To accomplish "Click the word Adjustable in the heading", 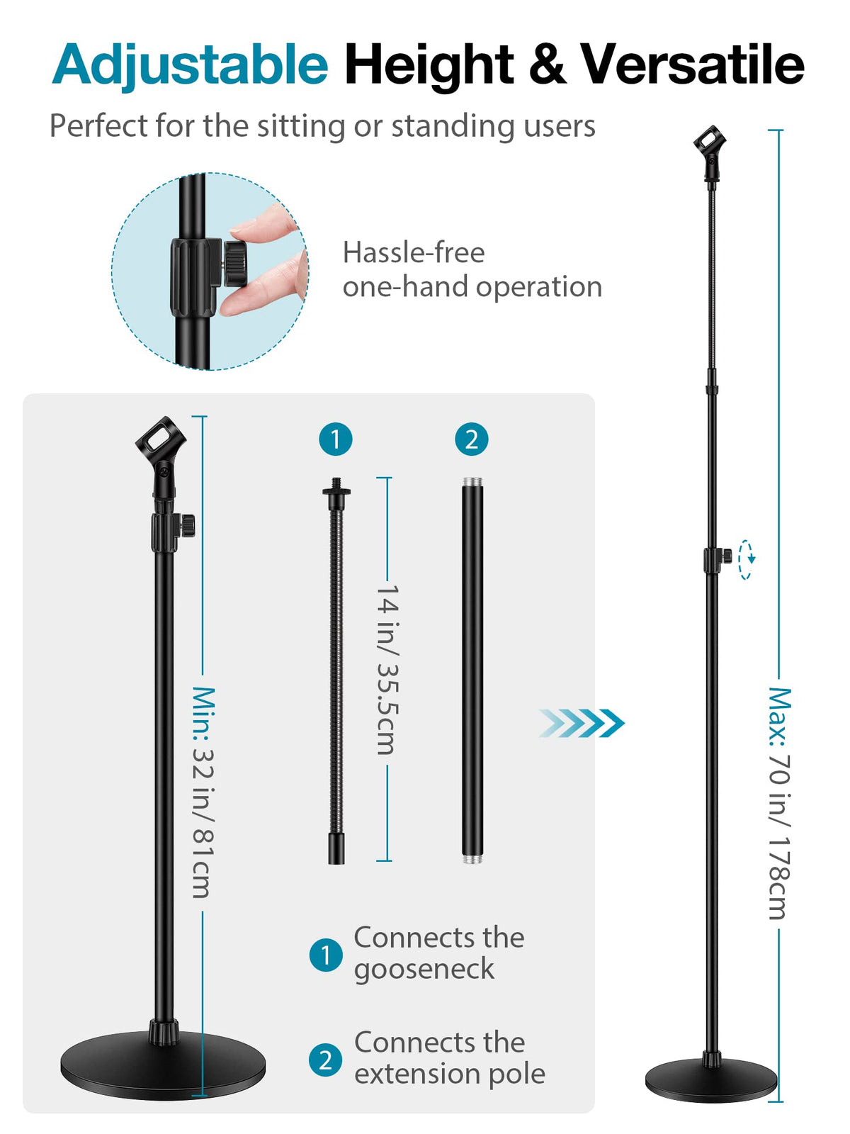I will (190, 65).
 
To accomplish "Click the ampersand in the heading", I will (547, 65).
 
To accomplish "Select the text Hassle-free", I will (414, 253).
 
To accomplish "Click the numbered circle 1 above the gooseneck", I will (336, 439).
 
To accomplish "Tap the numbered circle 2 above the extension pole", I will (472, 439).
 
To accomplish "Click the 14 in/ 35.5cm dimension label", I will (387, 670).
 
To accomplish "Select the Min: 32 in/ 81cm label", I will (203, 792).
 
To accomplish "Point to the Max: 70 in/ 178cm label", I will (779, 802).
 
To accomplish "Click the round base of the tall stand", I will (711, 1083).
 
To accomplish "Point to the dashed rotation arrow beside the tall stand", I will (746, 559).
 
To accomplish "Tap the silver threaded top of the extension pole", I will (472, 483).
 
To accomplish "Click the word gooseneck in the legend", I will (424, 969).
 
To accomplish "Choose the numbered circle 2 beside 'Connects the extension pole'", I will (326, 1060).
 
